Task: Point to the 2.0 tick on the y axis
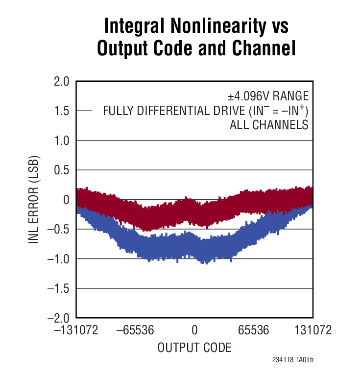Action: [62, 81]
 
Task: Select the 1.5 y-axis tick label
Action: [62, 111]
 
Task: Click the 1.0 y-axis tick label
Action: [62, 140]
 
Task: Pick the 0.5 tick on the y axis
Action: [62, 170]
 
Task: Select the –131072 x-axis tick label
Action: [77, 331]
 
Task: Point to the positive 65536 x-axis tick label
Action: [253, 331]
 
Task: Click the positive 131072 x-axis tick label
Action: [312, 331]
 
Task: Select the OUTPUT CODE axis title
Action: [194, 348]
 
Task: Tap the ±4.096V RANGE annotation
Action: [264, 95]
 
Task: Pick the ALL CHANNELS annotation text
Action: [269, 125]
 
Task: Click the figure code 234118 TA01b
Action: [293, 360]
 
